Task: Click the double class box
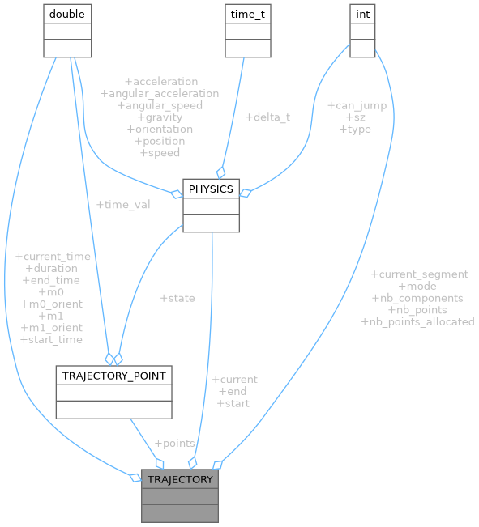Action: (x=66, y=30)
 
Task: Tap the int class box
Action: (x=362, y=30)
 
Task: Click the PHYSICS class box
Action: (x=211, y=206)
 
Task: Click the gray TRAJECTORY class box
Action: (x=180, y=495)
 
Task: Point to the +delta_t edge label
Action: (x=267, y=117)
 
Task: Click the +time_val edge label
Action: (x=122, y=205)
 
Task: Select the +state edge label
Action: (x=177, y=298)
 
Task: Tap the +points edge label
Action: (x=174, y=444)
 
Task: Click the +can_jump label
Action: (x=357, y=105)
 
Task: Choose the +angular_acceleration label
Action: (x=160, y=94)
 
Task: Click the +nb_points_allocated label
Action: (x=417, y=321)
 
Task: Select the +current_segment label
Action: (x=418, y=274)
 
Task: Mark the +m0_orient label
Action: (x=51, y=304)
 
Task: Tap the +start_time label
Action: (x=51, y=339)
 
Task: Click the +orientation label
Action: (x=160, y=129)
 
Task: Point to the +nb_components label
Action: (x=417, y=298)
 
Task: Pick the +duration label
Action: (x=51, y=268)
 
